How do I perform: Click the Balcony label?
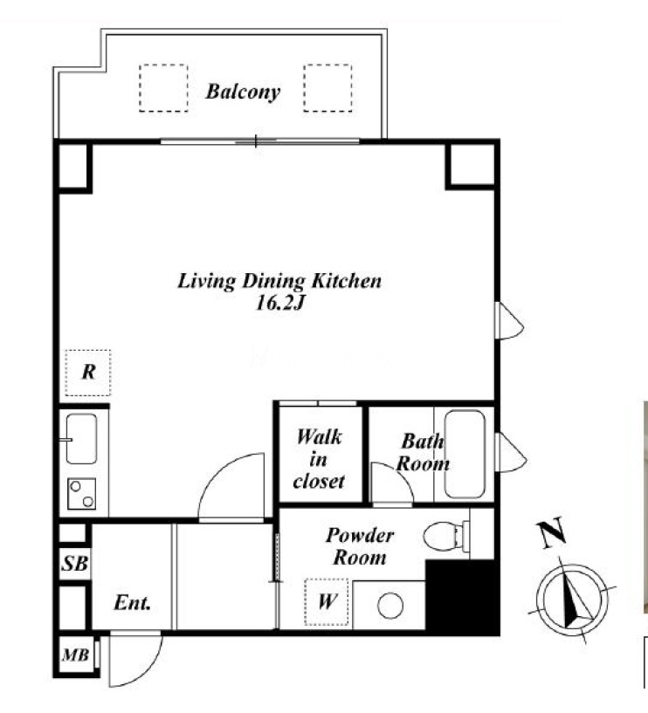pyautogui.click(x=243, y=92)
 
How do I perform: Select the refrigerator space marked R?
pyautogui.click(x=88, y=373)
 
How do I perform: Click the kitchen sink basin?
pyautogui.click(x=81, y=438)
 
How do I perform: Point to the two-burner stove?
pyautogui.click(x=82, y=494)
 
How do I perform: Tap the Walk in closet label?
pyautogui.click(x=319, y=459)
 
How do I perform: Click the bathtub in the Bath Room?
pyautogui.click(x=465, y=454)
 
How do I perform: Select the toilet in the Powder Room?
pyautogui.click(x=446, y=536)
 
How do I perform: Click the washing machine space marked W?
pyautogui.click(x=327, y=602)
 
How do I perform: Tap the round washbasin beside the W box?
pyautogui.click(x=390, y=607)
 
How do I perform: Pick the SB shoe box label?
pyautogui.click(x=74, y=564)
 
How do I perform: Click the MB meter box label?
pyautogui.click(x=75, y=655)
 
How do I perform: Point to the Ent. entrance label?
pyautogui.click(x=132, y=603)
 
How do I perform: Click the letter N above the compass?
pyautogui.click(x=552, y=533)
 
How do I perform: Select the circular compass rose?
pyautogui.click(x=572, y=600)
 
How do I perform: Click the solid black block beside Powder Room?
pyautogui.click(x=462, y=597)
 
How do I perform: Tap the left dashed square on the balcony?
pyautogui.click(x=163, y=88)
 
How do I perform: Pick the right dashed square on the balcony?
pyautogui.click(x=327, y=88)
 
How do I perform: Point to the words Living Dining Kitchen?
pyautogui.click(x=279, y=282)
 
